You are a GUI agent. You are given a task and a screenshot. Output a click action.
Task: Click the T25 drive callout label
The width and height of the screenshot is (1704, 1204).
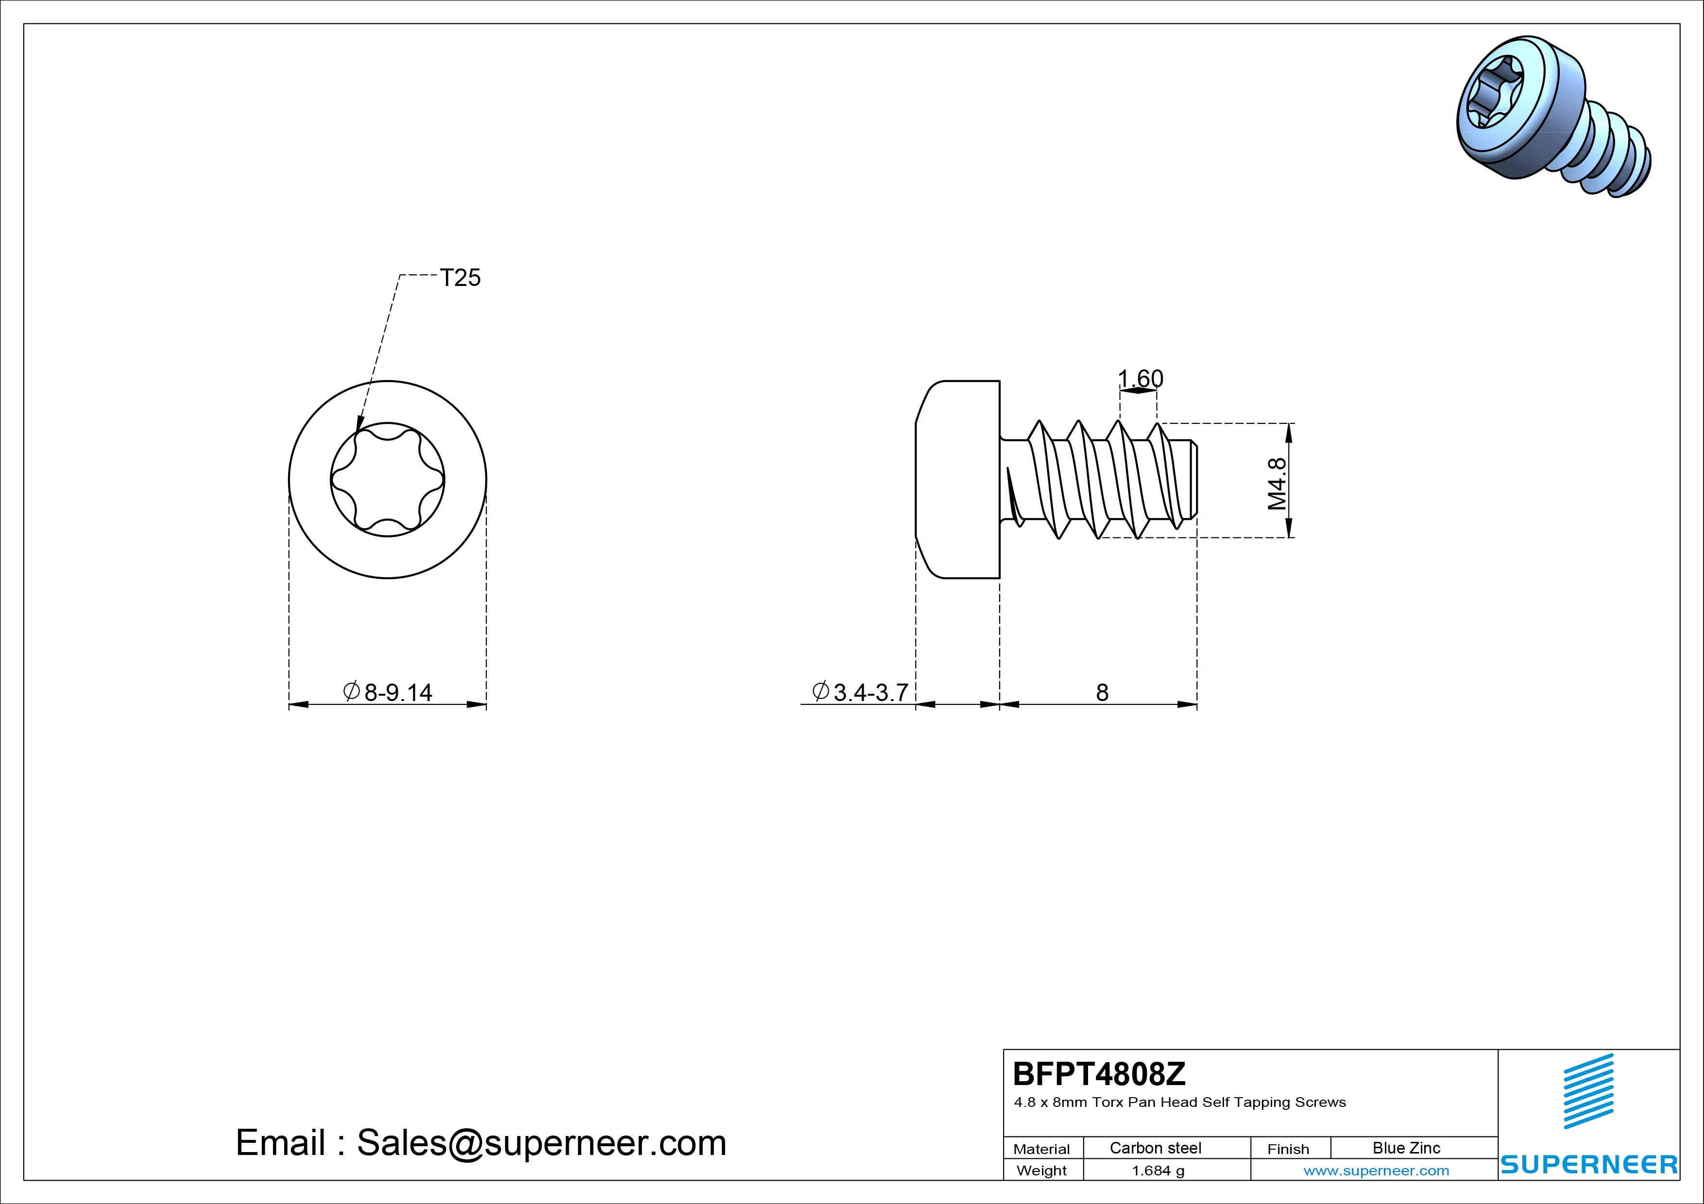[x=460, y=277]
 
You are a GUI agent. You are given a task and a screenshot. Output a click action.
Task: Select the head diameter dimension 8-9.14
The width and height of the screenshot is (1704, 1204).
[x=388, y=692]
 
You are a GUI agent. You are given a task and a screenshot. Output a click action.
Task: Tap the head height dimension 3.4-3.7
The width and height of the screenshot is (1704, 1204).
[x=861, y=692]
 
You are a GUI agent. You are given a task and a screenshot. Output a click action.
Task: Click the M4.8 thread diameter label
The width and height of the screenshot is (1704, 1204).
[x=1277, y=484]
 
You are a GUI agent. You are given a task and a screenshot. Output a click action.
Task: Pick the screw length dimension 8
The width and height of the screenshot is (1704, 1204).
[x=1102, y=692]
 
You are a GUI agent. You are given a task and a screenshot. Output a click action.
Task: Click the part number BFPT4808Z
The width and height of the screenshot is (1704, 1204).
[x=1099, y=1073]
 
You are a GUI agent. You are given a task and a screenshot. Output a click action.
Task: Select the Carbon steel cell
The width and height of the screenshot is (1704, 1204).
[x=1156, y=1148]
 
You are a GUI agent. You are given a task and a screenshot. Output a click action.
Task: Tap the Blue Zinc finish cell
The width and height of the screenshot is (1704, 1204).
[x=1406, y=1148]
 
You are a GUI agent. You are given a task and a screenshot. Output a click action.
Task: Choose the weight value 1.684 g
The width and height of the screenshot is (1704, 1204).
[x=1158, y=1171]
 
